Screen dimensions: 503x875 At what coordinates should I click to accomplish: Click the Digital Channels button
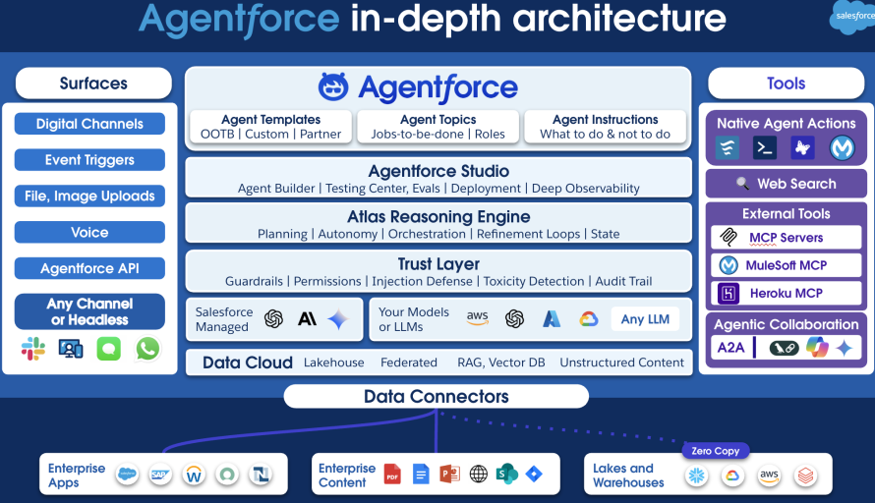click(x=89, y=124)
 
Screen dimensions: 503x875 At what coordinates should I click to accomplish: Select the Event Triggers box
click(x=89, y=160)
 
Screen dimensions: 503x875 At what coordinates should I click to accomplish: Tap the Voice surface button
click(x=89, y=233)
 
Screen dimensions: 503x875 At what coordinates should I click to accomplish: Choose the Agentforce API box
click(x=89, y=268)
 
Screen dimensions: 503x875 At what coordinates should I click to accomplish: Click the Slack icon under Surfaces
click(x=33, y=349)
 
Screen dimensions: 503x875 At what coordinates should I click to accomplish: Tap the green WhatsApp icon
click(x=147, y=349)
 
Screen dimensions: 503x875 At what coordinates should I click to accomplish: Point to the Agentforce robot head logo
click(x=333, y=87)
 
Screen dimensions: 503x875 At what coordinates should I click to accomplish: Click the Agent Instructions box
click(x=605, y=127)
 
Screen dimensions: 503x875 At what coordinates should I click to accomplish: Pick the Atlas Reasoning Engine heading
click(x=438, y=216)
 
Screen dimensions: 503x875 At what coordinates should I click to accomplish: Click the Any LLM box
click(x=646, y=319)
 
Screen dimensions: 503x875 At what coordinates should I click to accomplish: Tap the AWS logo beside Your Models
click(x=478, y=318)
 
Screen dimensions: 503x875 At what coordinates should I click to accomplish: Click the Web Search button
click(x=786, y=184)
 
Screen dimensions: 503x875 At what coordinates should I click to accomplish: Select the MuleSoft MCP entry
click(x=786, y=265)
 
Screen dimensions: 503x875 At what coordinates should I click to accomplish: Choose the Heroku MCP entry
click(x=786, y=293)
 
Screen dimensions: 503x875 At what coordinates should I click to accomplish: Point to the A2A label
click(x=729, y=347)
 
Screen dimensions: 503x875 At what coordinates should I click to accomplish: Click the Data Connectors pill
click(x=437, y=397)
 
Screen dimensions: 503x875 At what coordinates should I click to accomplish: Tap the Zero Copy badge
click(x=715, y=450)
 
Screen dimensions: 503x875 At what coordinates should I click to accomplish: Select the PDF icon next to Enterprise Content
click(x=392, y=474)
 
